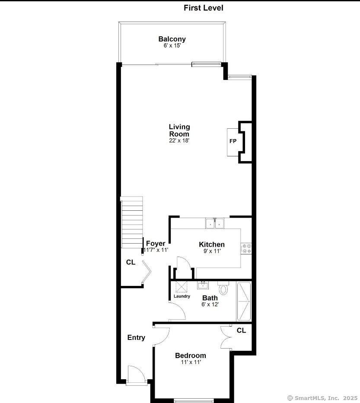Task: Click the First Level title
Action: [204, 8]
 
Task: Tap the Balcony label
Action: [172, 39]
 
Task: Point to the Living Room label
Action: [179, 130]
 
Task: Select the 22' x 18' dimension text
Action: [179, 140]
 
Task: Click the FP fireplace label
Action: [233, 141]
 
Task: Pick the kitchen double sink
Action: [215, 223]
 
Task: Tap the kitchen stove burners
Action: [246, 248]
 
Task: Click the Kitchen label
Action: [212, 244]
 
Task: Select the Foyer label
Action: [156, 243]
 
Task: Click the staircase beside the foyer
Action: [132, 222]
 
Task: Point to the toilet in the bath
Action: [223, 288]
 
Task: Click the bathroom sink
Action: [203, 285]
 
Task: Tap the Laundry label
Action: [182, 296]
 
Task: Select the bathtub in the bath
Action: [244, 301]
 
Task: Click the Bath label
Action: [210, 298]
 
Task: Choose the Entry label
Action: [136, 338]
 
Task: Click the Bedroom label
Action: [191, 355]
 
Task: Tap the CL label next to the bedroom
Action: [241, 330]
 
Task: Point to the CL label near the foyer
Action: [131, 262]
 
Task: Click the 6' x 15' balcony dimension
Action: [172, 46]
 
